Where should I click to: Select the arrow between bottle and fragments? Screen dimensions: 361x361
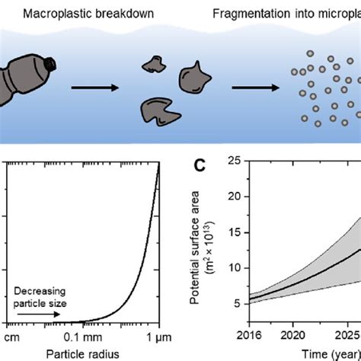coord(94,88)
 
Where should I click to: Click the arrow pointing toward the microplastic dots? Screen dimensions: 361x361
coord(252,88)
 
